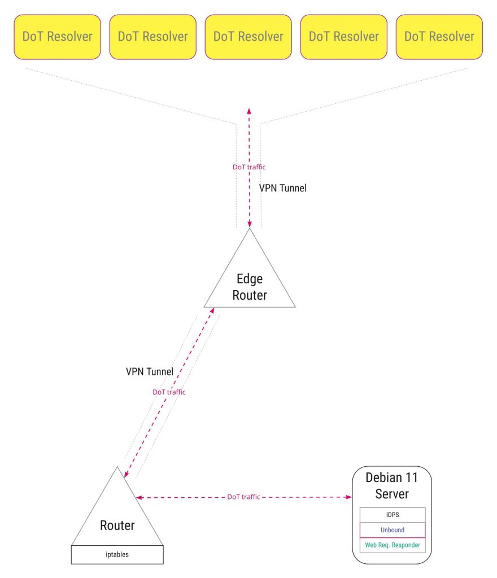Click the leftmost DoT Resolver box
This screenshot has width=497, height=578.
pyautogui.click(x=57, y=37)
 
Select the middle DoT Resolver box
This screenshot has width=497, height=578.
pyautogui.click(x=248, y=37)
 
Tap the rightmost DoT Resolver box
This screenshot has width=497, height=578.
pyautogui.click(x=439, y=37)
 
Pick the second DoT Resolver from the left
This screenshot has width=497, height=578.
pyautogui.click(x=152, y=37)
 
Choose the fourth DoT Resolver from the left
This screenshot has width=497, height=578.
pyautogui.click(x=343, y=37)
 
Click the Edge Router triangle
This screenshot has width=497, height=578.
pyautogui.click(x=249, y=285)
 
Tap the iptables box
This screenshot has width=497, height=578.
pyautogui.click(x=117, y=555)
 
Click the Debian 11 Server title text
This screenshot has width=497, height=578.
pyautogui.click(x=391, y=485)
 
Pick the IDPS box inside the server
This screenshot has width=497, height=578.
pyautogui.click(x=392, y=515)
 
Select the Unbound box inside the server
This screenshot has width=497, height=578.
pyautogui.click(x=392, y=530)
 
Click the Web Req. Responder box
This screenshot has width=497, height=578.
pyautogui.click(x=392, y=545)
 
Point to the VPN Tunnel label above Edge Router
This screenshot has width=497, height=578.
pyautogui.click(x=282, y=188)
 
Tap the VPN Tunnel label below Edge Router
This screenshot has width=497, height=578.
pyautogui.click(x=149, y=371)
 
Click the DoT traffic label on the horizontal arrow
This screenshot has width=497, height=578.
pyautogui.click(x=243, y=497)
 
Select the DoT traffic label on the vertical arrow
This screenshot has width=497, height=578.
pyautogui.click(x=249, y=167)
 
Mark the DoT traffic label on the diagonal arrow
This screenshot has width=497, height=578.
pyautogui.click(x=169, y=392)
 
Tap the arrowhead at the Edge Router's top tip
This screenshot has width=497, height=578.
pyautogui.click(x=249, y=224)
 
